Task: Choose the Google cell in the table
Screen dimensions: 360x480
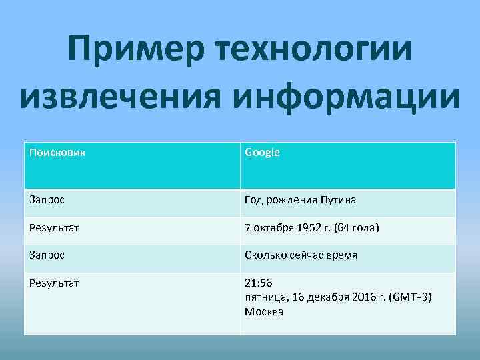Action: pyautogui.click(x=262, y=152)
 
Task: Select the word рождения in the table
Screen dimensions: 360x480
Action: pyautogui.click(x=291, y=199)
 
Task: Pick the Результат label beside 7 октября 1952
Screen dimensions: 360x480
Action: pyautogui.click(x=54, y=227)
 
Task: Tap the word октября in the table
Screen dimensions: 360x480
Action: pyautogui.click(x=275, y=227)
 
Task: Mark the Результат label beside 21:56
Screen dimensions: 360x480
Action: pyautogui.click(x=54, y=283)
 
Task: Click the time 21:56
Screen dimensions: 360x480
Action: pyautogui.click(x=259, y=283)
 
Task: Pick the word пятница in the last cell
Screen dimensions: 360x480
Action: pyautogui.click(x=267, y=297)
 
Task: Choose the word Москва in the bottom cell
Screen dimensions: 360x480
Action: pyautogui.click(x=264, y=311)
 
